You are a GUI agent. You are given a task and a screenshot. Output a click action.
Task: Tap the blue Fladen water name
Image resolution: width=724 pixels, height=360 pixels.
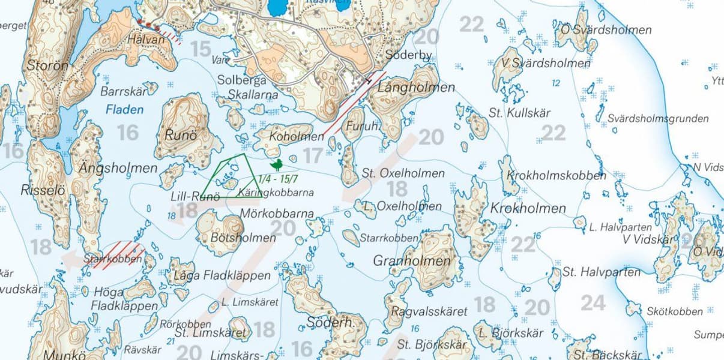124,110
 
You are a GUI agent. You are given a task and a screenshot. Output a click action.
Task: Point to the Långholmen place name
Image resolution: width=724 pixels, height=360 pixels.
417,88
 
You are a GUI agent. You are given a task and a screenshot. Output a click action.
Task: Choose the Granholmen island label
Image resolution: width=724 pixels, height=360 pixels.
412,261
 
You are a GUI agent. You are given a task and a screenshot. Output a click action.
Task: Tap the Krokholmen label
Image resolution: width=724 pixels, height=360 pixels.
528,209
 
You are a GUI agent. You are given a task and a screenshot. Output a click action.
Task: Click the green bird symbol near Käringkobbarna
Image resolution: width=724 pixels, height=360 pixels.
276,165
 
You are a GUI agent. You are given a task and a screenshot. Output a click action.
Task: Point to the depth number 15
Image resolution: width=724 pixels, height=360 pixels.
201,49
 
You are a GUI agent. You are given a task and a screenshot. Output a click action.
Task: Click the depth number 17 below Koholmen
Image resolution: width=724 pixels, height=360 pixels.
312,156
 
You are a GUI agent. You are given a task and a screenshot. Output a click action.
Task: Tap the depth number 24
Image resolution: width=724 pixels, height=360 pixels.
593,304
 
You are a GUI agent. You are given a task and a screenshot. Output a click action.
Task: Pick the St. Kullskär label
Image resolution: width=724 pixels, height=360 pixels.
519,113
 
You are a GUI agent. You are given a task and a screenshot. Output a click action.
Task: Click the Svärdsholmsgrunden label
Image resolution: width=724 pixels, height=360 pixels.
657,119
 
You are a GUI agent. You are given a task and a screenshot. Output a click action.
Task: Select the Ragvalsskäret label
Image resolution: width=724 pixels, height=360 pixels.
429,311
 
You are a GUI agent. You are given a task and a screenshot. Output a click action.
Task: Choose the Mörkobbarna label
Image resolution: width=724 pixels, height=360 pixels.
277,214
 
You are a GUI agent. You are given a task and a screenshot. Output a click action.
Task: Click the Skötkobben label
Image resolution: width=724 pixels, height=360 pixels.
674,311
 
